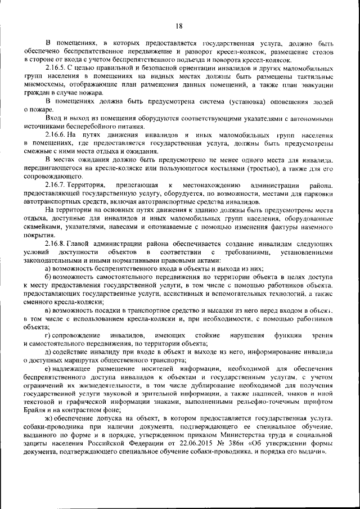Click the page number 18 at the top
pos(179,25)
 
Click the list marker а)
pos(48,268)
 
